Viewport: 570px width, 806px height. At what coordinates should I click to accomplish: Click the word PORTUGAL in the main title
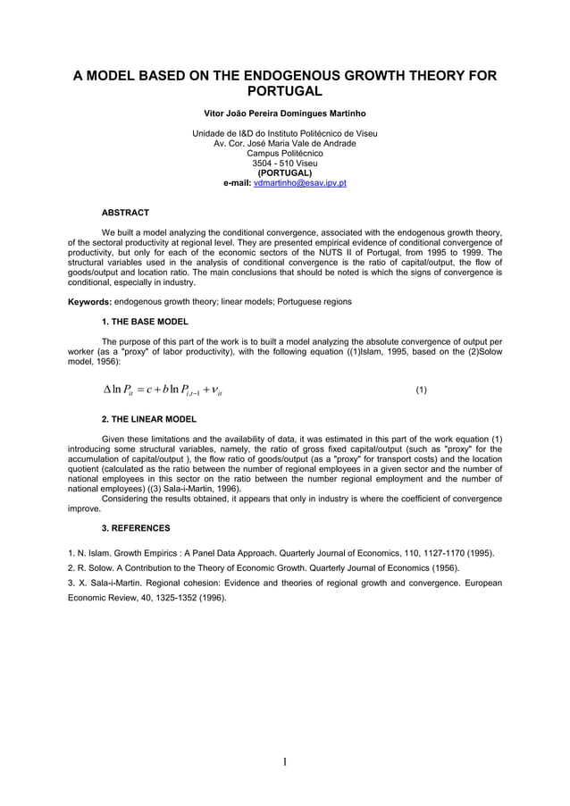click(284, 92)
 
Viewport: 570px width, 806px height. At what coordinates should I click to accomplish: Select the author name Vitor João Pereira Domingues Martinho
click(284, 114)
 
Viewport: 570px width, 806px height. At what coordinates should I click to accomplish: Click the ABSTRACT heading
click(125, 213)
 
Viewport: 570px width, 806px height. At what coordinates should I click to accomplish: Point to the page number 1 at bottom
click(284, 761)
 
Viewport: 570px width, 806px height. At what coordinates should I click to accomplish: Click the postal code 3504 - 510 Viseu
click(284, 164)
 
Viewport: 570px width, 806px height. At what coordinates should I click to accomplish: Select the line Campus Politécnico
click(284, 154)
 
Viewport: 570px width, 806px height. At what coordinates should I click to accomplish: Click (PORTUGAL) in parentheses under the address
click(284, 172)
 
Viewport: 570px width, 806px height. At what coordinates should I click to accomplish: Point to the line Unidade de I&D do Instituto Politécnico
click(284, 134)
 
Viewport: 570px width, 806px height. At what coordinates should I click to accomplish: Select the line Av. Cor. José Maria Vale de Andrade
click(284, 144)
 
